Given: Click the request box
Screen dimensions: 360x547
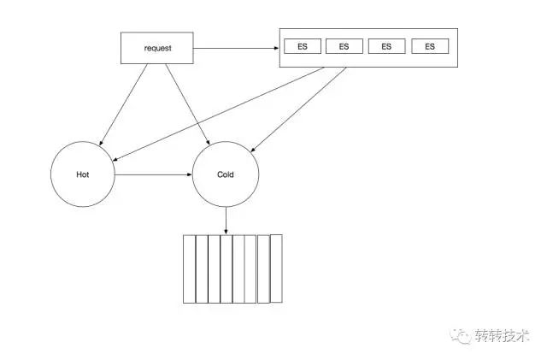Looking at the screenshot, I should click(x=157, y=48).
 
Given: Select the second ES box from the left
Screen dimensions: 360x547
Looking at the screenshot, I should click(x=344, y=47).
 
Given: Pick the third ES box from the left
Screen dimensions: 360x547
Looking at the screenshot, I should click(x=386, y=47).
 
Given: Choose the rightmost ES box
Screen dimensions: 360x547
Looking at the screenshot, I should click(x=429, y=47).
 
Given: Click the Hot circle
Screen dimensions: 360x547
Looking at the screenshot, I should click(x=83, y=174).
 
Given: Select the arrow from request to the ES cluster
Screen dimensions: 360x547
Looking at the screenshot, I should click(x=237, y=48).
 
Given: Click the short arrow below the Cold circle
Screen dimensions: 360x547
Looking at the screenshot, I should click(x=226, y=221).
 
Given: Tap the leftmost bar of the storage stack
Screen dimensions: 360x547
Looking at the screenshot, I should click(x=189, y=269).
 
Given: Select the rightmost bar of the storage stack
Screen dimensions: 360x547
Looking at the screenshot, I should click(x=276, y=268).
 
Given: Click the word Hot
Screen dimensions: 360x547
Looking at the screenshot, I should click(x=83, y=174).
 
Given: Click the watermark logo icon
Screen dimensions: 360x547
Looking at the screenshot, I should click(x=462, y=335).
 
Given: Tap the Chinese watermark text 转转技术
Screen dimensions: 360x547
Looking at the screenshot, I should click(x=503, y=335).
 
